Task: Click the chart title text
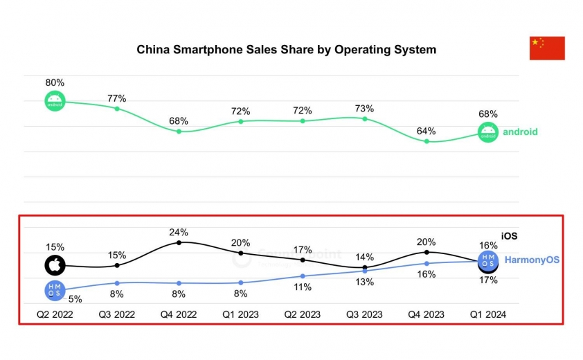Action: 286,50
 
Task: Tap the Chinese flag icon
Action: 547,48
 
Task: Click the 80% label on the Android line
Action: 55,83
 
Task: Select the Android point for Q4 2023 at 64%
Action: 427,141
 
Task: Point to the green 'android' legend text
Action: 520,132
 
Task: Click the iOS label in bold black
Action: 509,237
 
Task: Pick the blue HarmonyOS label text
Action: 532,260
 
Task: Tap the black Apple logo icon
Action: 55,265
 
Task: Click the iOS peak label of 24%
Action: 179,232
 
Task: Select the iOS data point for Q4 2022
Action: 179,242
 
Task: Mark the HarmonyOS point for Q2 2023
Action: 303,276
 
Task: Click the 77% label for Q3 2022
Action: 117,98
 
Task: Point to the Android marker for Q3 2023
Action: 365,118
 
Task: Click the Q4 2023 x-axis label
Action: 427,314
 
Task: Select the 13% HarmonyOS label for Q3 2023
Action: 365,282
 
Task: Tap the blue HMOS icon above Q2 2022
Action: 55,290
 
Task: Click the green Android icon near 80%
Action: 55,101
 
